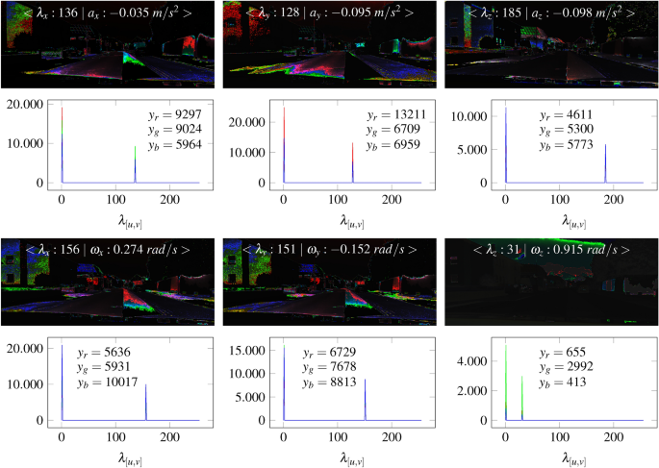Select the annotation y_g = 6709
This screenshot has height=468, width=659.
click(x=392, y=130)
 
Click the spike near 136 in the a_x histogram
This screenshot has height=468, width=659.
click(x=135, y=163)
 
